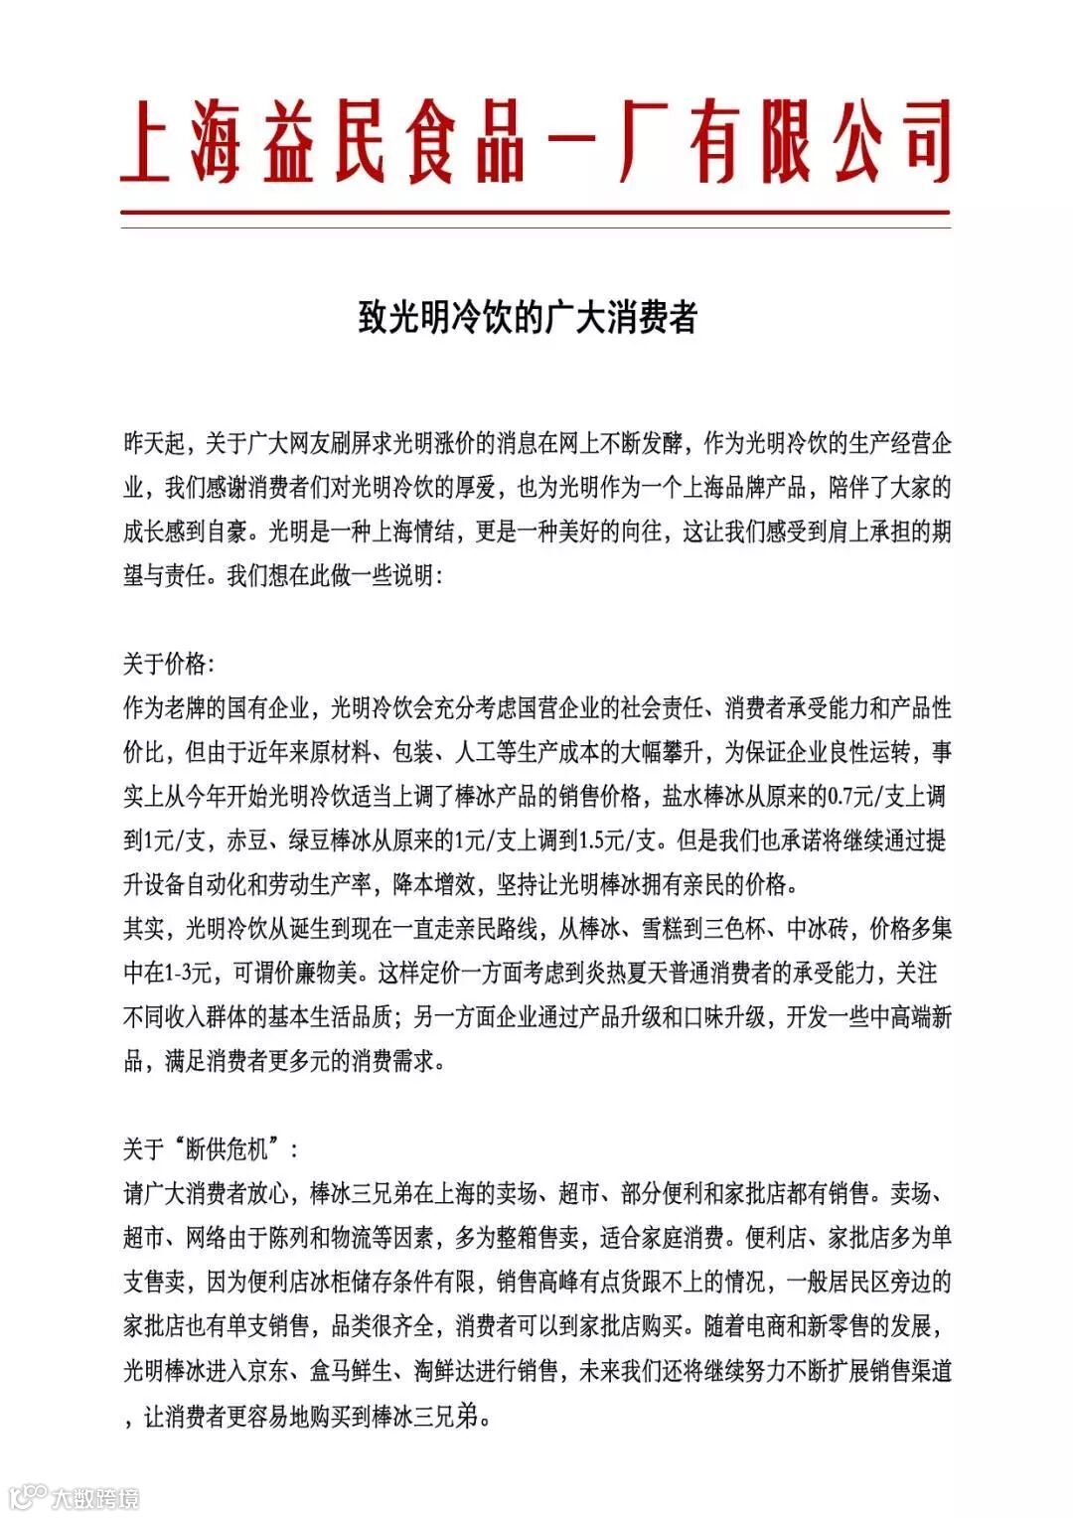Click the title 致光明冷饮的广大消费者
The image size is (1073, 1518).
click(528, 317)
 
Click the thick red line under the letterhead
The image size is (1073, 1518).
click(536, 213)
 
